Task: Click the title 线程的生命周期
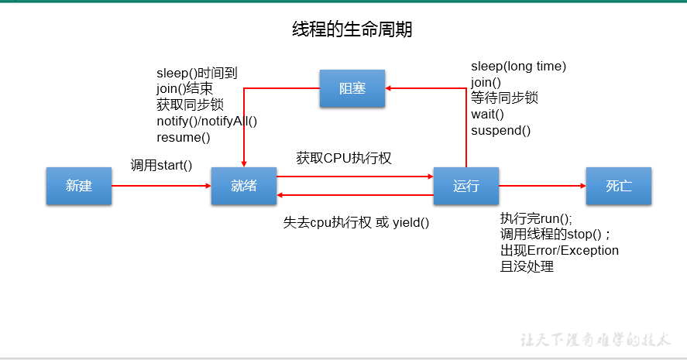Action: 352,30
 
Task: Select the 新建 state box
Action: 79,186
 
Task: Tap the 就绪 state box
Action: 243,186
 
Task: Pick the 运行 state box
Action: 465,186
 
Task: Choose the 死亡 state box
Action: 618,186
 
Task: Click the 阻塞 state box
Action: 352,88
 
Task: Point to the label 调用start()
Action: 161,165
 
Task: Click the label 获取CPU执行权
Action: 344,158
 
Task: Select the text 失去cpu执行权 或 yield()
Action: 356,223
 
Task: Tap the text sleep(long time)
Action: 518,67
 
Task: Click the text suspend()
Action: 500,131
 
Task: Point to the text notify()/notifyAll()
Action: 206,122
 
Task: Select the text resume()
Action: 183,138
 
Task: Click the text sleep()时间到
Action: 197,74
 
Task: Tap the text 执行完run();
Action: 535,218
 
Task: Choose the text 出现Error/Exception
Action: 559,251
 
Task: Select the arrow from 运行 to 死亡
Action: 542,186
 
